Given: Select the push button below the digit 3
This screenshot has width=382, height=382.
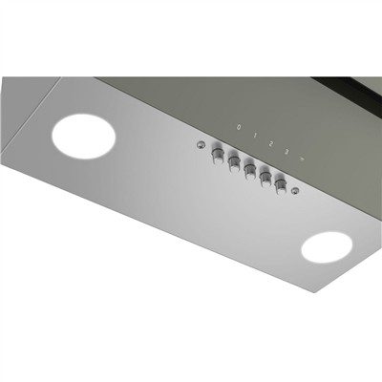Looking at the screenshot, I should click(265, 175).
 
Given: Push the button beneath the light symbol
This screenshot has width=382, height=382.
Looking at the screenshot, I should click(281, 181).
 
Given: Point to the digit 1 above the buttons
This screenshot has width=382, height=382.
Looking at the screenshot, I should click(254, 134).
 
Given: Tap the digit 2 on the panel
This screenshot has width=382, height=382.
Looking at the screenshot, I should click(270, 139).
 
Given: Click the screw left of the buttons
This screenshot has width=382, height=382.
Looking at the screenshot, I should click(201, 145).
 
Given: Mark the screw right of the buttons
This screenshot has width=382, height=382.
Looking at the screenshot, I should click(296, 192).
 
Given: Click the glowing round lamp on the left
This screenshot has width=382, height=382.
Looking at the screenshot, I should click(83, 137).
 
